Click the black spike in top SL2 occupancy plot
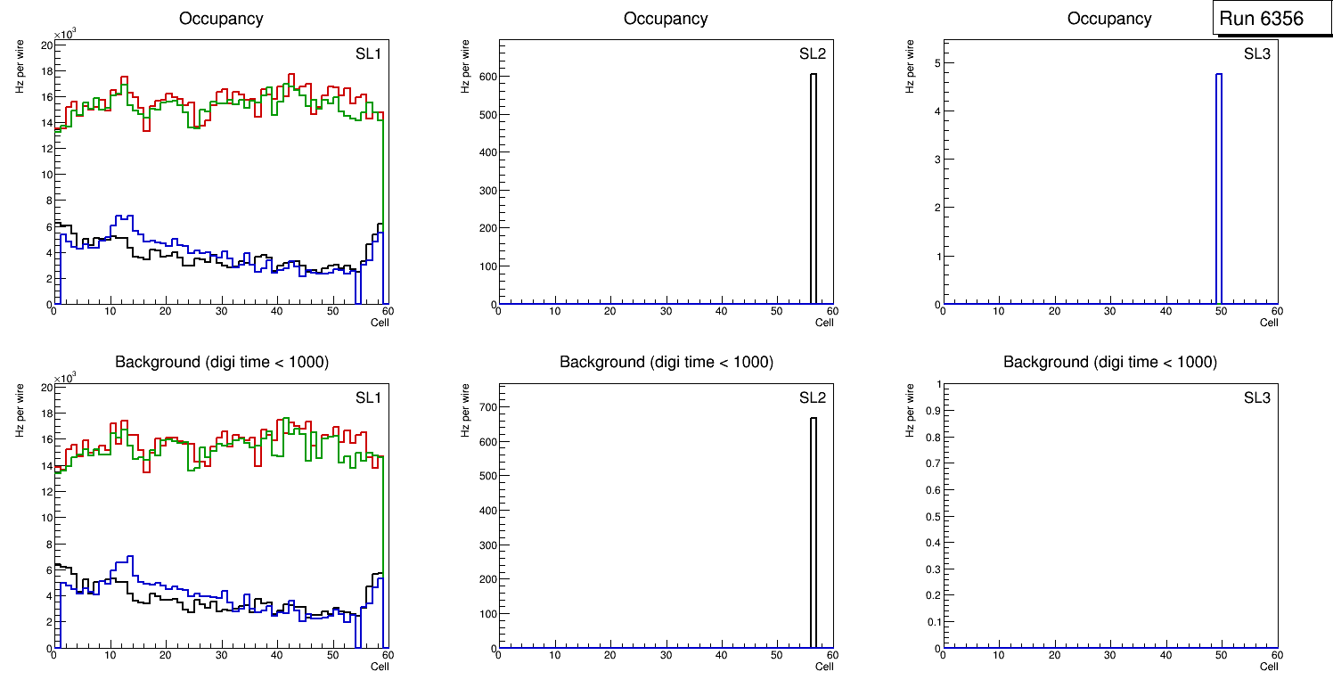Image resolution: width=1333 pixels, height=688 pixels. pyautogui.click(x=813, y=187)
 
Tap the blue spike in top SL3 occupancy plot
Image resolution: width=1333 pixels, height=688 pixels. pyautogui.click(x=1218, y=187)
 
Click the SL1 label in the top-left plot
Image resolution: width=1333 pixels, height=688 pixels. pyautogui.click(x=368, y=53)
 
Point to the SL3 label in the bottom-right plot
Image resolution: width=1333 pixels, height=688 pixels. pyautogui.click(x=1256, y=397)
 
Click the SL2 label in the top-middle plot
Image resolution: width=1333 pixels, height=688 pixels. pyautogui.click(x=812, y=53)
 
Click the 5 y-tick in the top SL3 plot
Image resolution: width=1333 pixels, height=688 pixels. pyautogui.click(x=935, y=62)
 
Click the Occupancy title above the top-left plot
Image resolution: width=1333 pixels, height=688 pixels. pyautogui.click(x=221, y=18)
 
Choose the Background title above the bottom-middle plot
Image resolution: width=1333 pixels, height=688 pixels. pyautogui.click(x=666, y=362)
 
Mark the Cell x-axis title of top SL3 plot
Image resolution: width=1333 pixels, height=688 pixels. pyautogui.click(x=1269, y=323)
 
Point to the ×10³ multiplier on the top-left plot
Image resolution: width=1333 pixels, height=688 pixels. pyautogui.click(x=65, y=35)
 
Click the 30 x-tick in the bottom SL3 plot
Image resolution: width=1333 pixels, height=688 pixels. pyautogui.click(x=1109, y=655)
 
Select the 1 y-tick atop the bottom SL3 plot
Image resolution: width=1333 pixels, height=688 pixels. pyautogui.click(x=935, y=384)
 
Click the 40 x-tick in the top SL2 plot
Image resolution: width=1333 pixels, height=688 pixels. pyautogui.click(x=721, y=311)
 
